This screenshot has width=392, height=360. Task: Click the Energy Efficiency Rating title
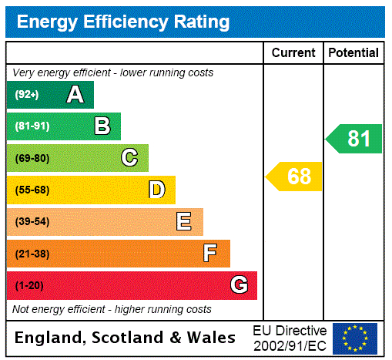click(123, 22)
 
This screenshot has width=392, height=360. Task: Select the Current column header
click(293, 53)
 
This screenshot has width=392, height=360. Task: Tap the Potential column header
click(353, 53)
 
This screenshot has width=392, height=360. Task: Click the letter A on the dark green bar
click(75, 95)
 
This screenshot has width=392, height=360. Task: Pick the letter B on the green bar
click(102, 126)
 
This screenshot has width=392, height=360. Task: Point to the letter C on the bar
click(129, 158)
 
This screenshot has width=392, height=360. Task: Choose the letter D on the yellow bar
click(156, 190)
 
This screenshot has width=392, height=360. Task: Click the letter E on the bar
click(184, 222)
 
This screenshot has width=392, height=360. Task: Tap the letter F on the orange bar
click(209, 254)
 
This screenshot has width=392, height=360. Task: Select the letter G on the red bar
click(239, 285)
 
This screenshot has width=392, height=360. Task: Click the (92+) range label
click(27, 95)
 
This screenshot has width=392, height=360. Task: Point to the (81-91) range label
click(32, 126)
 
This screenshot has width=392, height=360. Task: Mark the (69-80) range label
click(32, 158)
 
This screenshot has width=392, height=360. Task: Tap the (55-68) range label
click(32, 190)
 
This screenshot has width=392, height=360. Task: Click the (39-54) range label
click(32, 222)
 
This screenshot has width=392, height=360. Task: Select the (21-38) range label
click(32, 254)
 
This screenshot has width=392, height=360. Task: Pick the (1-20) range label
click(29, 285)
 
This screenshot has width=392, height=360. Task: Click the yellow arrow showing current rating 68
click(295, 177)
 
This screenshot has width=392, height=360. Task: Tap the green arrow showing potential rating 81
click(355, 139)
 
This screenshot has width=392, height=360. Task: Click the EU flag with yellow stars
click(355, 338)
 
